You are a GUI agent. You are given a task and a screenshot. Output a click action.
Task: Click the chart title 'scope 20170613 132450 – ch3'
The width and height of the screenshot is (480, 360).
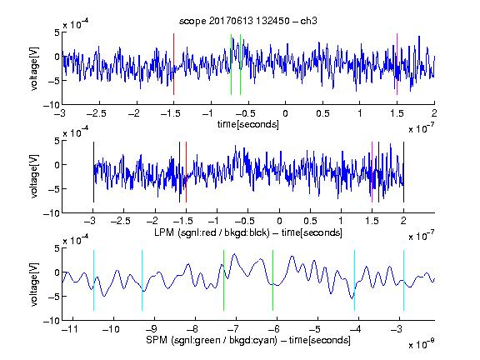click(x=247, y=21)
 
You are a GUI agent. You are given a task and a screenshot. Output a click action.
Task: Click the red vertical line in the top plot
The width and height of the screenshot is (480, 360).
click(x=173, y=64)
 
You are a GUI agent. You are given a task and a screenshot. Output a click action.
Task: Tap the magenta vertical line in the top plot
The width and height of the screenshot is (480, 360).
click(x=397, y=64)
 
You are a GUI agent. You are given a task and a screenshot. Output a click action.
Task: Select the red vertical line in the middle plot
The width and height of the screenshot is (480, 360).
click(x=186, y=172)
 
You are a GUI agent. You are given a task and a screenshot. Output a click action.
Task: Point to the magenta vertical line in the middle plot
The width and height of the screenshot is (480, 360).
click(x=372, y=172)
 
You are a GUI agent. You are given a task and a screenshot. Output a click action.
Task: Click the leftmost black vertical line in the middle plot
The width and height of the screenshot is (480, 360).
click(x=93, y=172)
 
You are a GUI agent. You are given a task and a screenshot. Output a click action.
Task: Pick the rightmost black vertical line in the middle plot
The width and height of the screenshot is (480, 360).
click(x=403, y=172)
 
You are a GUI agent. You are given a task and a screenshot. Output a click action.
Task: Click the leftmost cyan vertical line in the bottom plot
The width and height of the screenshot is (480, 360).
click(x=93, y=280)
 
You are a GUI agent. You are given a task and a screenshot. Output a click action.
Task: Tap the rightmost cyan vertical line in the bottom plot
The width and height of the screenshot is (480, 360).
click(x=403, y=280)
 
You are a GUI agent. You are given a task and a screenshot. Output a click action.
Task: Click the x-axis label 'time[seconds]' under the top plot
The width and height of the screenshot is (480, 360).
click(x=248, y=124)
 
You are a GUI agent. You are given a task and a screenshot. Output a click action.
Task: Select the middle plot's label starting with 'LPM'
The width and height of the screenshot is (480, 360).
click(x=248, y=232)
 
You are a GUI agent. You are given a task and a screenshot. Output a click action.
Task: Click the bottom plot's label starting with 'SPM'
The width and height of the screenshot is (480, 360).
click(x=248, y=340)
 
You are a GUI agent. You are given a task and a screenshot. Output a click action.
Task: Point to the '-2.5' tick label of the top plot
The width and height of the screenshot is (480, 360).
click(x=96, y=113)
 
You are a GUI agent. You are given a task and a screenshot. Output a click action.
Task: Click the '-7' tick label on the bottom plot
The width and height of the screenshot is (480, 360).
click(x=233, y=329)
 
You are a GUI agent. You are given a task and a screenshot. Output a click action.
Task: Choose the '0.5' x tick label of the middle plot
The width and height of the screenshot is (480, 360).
click(x=310, y=221)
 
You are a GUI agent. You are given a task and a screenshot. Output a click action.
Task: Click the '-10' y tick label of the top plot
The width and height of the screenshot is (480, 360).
click(x=51, y=105)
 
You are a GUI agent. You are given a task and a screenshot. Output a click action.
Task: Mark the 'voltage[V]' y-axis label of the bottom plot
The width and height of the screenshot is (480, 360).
click(x=34, y=284)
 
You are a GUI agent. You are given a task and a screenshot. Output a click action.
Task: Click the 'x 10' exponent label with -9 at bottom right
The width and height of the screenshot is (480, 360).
click(x=421, y=344)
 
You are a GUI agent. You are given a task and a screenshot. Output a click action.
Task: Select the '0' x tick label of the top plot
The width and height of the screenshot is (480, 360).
click(x=285, y=113)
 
